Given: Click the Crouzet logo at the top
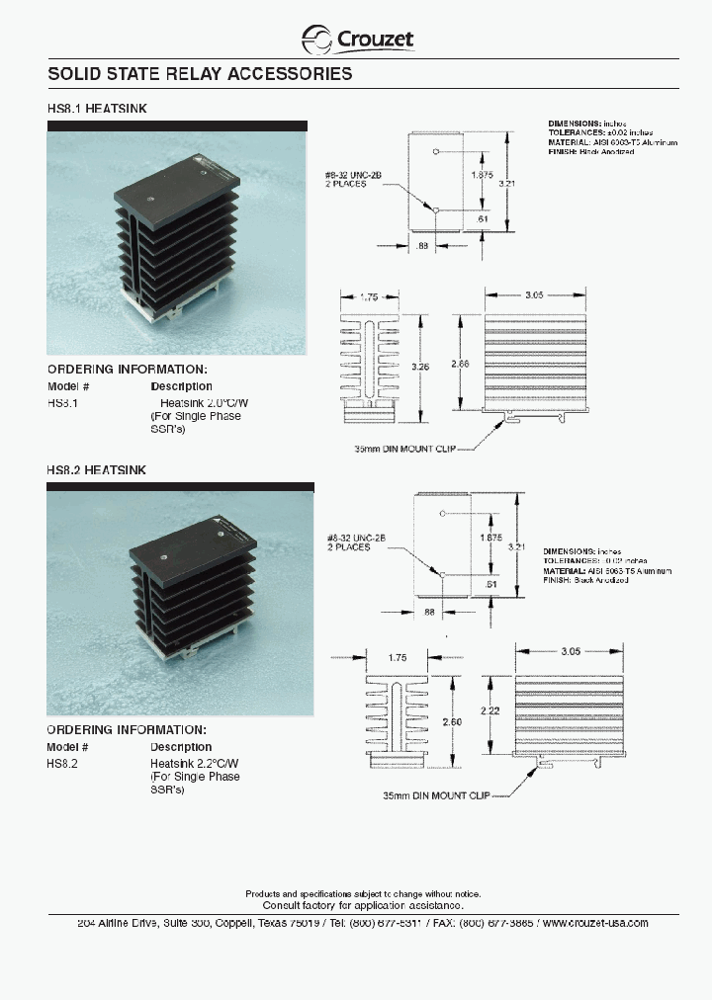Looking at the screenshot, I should [357, 39].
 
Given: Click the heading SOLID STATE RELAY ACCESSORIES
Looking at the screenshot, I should [200, 74].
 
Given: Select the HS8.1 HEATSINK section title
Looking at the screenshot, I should [97, 109].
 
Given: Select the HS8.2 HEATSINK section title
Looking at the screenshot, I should [97, 470].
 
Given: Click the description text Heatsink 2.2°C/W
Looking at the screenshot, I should [196, 764].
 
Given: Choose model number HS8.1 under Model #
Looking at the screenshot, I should [62, 403].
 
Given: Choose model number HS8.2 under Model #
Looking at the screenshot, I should [62, 764].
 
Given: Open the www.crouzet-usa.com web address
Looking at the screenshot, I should [595, 923].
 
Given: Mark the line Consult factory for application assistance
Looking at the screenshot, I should [363, 905].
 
